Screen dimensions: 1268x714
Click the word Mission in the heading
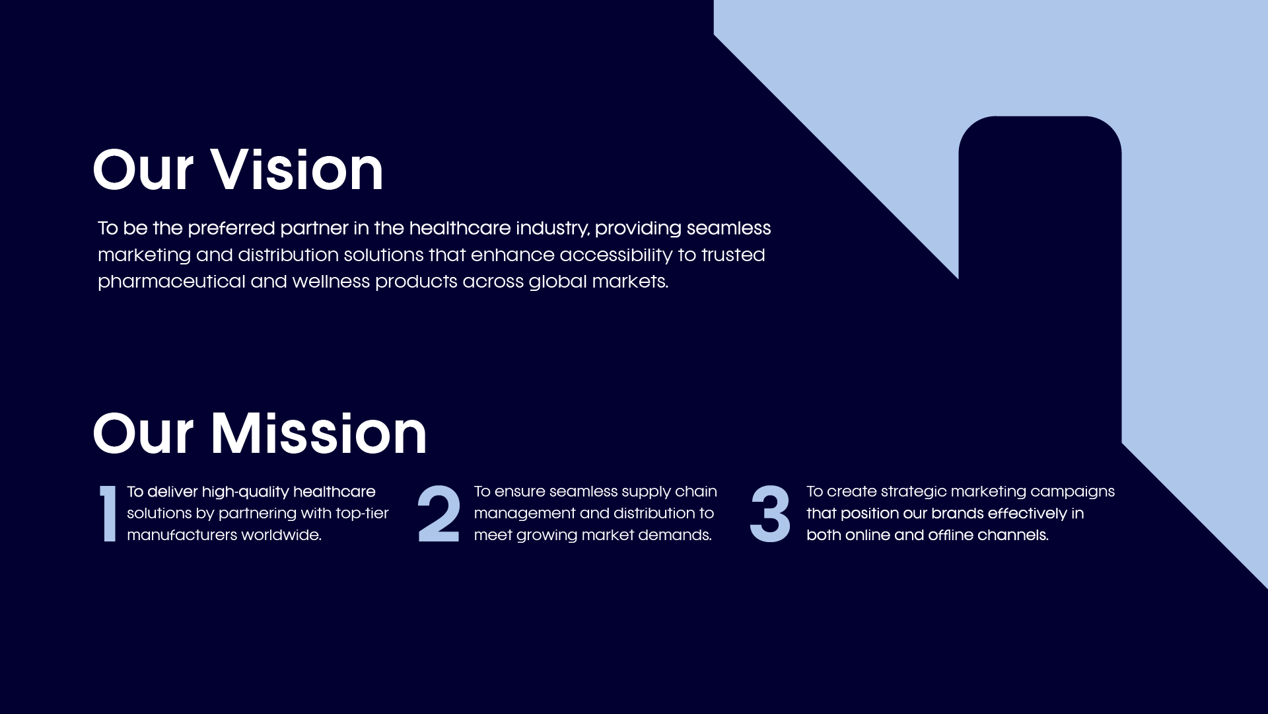click(318, 434)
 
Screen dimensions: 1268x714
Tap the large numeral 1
click(108, 514)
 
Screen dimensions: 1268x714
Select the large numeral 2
click(439, 514)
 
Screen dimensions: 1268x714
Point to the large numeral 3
click(770, 514)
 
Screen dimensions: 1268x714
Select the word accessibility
click(616, 255)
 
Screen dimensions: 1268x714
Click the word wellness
click(331, 281)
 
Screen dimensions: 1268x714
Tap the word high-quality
click(245, 493)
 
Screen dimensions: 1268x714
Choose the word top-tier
click(362, 514)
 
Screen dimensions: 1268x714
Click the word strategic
click(913, 493)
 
